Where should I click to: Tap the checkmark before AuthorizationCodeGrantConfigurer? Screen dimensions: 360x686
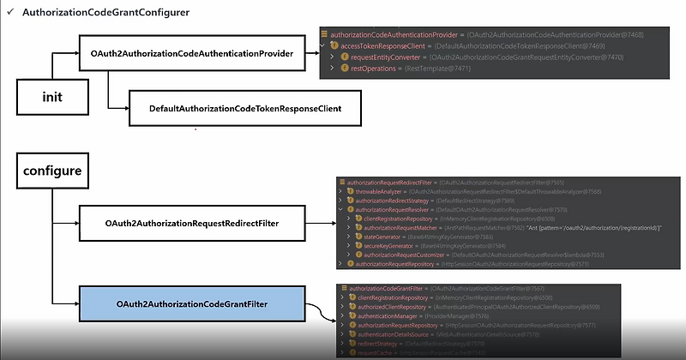click(9, 14)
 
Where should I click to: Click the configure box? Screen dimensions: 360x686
click(51, 171)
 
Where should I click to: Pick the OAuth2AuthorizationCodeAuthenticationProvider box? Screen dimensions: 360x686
click(192, 54)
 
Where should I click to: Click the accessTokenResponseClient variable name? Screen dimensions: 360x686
click(366, 45)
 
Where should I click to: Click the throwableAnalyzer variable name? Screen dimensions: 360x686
click(379, 192)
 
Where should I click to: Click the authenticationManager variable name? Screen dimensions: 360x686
click(387, 316)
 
